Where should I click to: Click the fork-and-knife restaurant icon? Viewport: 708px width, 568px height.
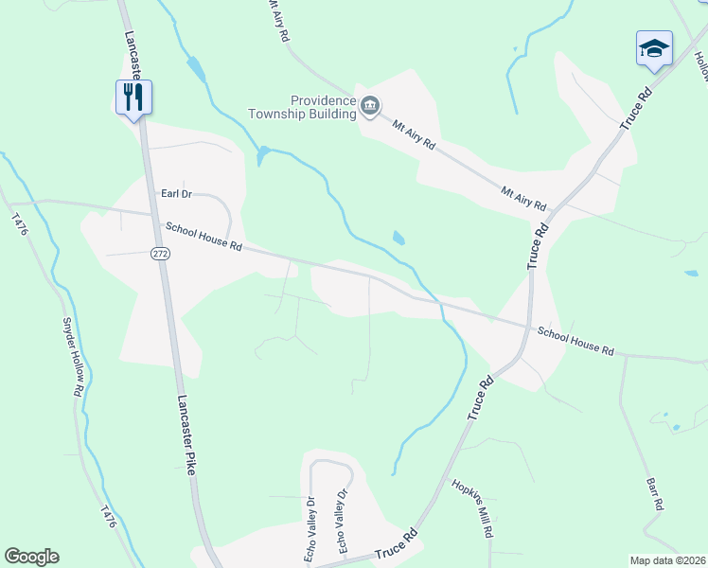[x=133, y=97]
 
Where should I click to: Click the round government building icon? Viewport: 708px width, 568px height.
[x=370, y=106]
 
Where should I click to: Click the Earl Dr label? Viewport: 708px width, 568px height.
[x=176, y=194]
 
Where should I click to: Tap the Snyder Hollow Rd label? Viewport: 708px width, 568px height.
[x=73, y=354]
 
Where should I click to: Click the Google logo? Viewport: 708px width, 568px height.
[x=31, y=557]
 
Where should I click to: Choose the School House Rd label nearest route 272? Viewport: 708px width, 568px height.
[x=204, y=235]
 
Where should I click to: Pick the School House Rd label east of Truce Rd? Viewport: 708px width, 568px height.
[x=575, y=341]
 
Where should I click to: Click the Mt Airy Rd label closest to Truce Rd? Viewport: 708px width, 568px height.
[x=524, y=198]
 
